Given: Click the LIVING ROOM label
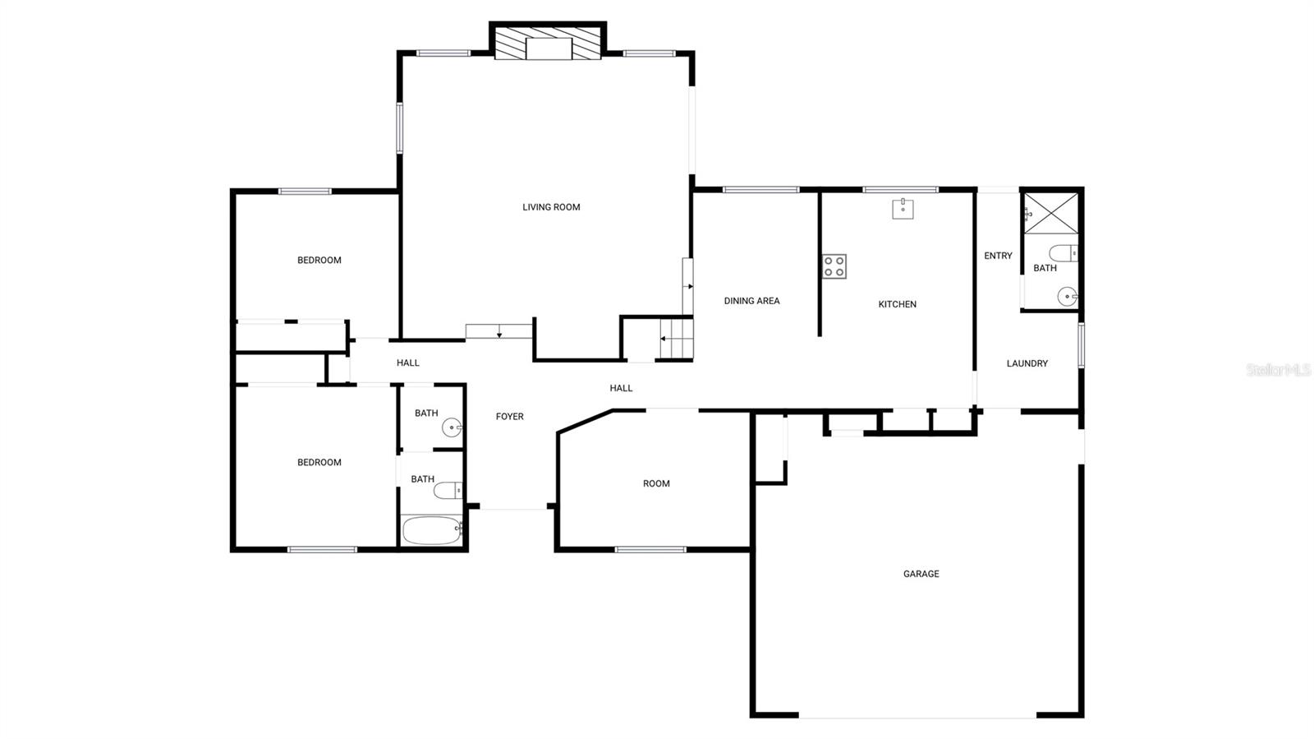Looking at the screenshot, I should pos(551,207).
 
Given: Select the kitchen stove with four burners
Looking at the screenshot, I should pos(834,266).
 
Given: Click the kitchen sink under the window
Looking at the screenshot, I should pos(903,209).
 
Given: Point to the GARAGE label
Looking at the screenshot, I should pos(921,574).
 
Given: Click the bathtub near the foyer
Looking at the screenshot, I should pos(432,530).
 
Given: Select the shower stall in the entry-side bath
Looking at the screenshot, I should pos(1050,213).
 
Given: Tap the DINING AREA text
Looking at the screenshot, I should pos(751,301).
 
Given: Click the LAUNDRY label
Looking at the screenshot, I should pos(1027,363).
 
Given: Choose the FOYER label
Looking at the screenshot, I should pos(509,417).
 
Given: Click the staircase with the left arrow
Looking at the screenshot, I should pos(677,338).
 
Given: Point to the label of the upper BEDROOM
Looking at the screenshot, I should pos(319,261).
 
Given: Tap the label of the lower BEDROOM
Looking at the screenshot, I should pos(319,463).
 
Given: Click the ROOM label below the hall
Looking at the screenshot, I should pos(656,483).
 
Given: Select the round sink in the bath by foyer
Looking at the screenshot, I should pos(452,427).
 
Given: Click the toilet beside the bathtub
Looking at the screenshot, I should pos(448,491).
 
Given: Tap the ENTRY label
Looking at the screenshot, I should pos(998,256).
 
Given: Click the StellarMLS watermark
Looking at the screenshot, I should pos(1278,371).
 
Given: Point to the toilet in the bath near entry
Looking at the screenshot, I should pos(1063,252).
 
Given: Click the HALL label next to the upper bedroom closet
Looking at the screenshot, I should pos(407,363).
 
